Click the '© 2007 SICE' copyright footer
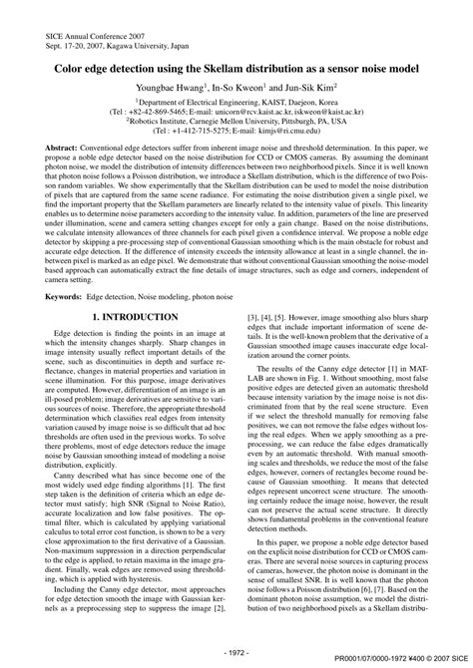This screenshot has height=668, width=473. tap(445, 660)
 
